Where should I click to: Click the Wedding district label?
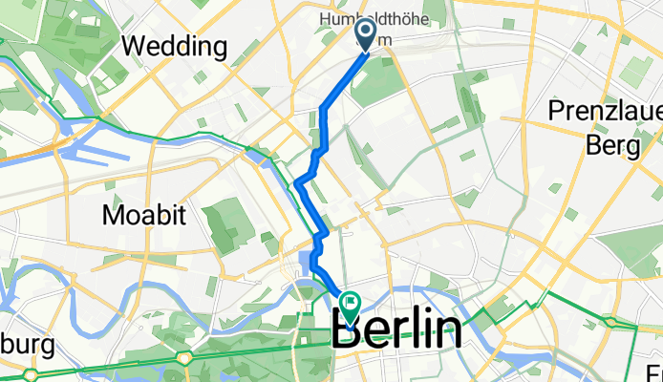174,46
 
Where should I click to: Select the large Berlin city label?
396,331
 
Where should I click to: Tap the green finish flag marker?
351,306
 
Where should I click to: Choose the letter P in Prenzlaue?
557,111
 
